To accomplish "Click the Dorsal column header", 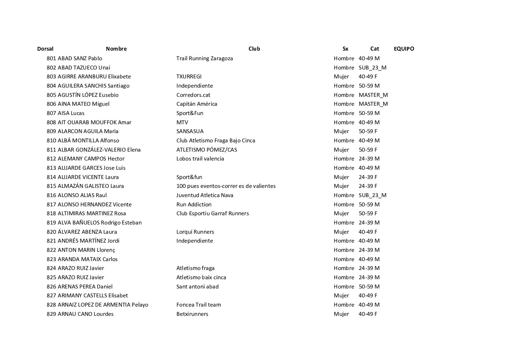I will point(45,49).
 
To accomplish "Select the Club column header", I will point(254,49).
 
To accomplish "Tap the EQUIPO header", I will point(404,49).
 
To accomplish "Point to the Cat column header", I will point(375,49).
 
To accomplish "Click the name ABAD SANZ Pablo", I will point(80,58).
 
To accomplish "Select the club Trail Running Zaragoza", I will point(205,58).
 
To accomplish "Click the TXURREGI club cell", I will point(189,76).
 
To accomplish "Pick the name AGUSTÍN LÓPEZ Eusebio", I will point(88,95).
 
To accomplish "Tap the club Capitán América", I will point(197,104).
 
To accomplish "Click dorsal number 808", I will point(51,122).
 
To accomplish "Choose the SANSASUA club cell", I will point(190,131).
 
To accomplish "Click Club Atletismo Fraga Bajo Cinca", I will point(215,140).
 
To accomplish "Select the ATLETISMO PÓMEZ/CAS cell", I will point(207,150).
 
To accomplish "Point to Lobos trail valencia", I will point(200,158).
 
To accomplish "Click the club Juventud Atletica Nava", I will point(205,195).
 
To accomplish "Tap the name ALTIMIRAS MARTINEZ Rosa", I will point(92,213).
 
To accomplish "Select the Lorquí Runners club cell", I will point(195,232).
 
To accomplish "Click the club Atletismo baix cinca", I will point(201,277).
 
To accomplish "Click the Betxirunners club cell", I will point(192,314).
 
